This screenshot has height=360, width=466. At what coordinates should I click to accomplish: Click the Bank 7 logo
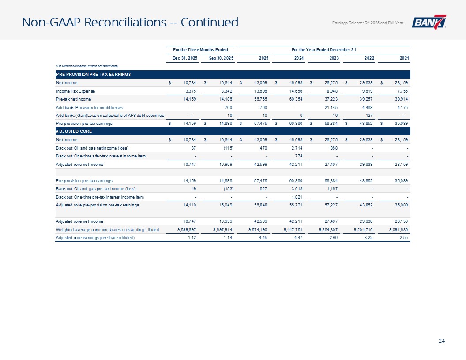pyautogui.click(x=429, y=22)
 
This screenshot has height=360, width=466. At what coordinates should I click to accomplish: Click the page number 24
pyautogui.click(x=441, y=340)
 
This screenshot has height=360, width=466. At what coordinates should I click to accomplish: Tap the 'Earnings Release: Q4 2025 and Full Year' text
pyautogui.click(x=367, y=23)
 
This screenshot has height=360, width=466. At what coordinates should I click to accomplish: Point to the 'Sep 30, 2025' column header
pyautogui.click(x=219, y=57)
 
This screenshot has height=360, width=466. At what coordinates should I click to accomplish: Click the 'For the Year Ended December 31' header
pyautogui.click(x=324, y=49)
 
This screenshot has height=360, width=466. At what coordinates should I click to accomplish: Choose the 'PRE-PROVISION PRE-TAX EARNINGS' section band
pyautogui.click(x=93, y=74)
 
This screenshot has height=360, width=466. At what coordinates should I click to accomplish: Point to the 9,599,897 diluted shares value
pyautogui.click(x=185, y=230)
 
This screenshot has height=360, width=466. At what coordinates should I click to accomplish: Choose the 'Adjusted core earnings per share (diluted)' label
pyautogui.click(x=95, y=238)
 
